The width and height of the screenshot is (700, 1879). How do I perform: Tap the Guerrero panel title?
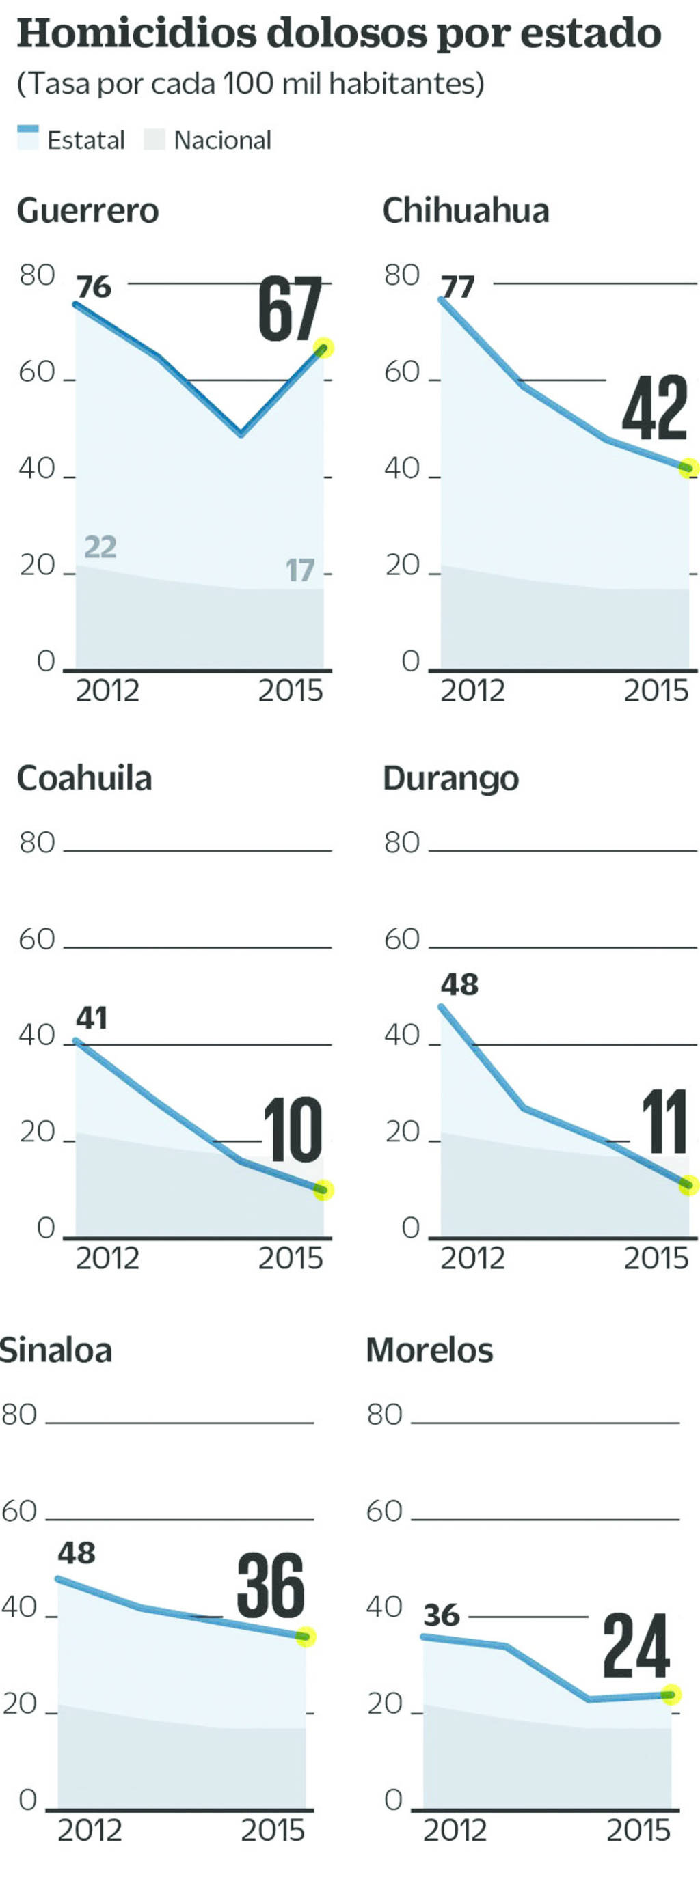coord(87,211)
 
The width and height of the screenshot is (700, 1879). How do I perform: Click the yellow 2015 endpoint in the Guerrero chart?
coord(323,348)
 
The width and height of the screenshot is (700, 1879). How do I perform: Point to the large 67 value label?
coord(290,309)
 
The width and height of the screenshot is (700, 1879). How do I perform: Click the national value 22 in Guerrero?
coord(100,546)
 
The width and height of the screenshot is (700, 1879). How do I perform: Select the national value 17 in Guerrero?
coord(299,570)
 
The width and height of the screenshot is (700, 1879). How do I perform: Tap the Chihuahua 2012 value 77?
coord(457,287)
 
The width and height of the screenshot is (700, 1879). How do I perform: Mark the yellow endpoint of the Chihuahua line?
coord(688,469)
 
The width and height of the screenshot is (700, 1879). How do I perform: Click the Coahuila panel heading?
coord(85,778)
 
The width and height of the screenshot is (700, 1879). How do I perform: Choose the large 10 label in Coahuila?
coord(292,1130)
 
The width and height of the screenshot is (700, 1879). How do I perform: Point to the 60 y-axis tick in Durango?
coord(402,940)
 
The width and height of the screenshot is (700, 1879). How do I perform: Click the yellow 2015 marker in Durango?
coord(688,1185)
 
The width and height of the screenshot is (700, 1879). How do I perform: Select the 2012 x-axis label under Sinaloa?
coord(90,1830)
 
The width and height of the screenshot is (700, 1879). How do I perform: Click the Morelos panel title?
coord(429,1350)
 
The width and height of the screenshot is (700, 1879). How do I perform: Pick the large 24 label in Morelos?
coord(636,1646)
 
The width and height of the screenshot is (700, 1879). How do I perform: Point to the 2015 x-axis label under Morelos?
coord(638,1830)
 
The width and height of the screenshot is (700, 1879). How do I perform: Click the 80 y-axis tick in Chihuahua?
coord(402,276)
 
